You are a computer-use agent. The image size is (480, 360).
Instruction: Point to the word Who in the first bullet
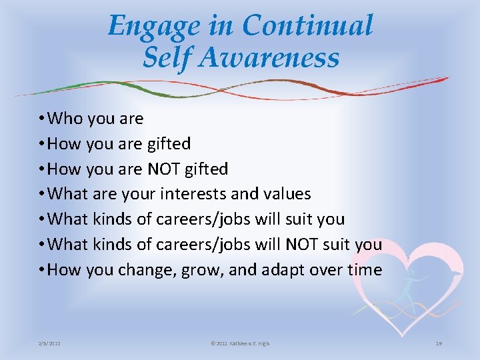coord(65,119)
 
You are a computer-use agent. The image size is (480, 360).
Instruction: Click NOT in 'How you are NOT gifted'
coord(163,169)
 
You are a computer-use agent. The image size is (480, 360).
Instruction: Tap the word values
coord(288,194)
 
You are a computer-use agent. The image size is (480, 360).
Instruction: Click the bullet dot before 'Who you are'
coord(42,119)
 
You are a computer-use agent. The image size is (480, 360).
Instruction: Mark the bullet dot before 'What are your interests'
coord(42,194)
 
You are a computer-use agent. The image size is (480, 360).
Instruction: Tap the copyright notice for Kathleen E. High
coord(240,343)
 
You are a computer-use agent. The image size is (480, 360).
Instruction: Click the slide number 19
coord(439,343)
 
